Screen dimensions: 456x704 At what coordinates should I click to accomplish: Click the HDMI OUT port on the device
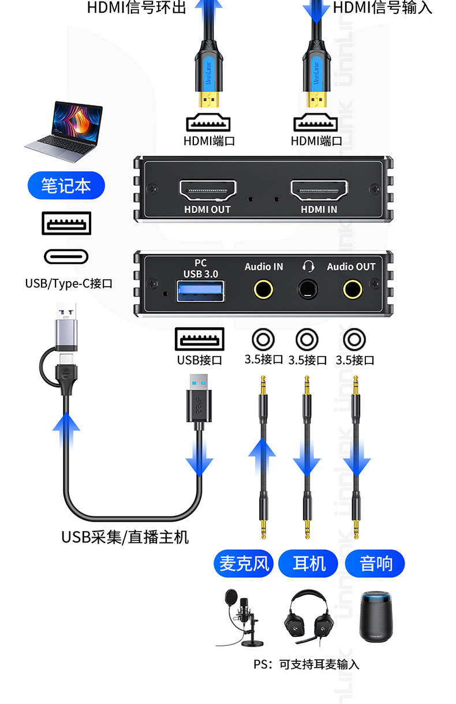coord(208,190)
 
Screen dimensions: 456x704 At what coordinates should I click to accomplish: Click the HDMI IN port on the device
coord(319,190)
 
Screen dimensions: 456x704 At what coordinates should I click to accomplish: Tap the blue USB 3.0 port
coord(200,291)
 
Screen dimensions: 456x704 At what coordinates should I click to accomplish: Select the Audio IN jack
coord(263,289)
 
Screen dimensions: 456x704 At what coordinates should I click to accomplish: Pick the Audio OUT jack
coord(352,289)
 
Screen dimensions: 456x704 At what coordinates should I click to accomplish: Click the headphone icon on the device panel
coord(308,266)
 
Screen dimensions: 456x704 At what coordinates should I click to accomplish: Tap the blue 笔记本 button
coord(66,185)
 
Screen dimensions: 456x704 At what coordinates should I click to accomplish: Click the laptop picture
coord(65,132)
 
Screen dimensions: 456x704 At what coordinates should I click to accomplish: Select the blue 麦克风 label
coord(244,563)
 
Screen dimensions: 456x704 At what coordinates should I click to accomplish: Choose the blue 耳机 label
coord(308,563)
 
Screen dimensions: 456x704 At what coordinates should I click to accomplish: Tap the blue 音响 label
coord(375,563)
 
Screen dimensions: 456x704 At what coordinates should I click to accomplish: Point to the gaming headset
coord(309,617)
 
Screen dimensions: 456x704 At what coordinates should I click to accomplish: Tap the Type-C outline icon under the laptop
coord(66,256)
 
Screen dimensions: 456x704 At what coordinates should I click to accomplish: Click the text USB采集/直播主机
coord(125,537)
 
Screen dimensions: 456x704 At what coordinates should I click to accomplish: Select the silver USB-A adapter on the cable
coord(66,327)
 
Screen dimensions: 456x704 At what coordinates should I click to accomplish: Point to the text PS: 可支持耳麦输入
coord(307,664)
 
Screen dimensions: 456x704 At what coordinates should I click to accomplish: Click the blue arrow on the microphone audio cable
coord(262,457)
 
